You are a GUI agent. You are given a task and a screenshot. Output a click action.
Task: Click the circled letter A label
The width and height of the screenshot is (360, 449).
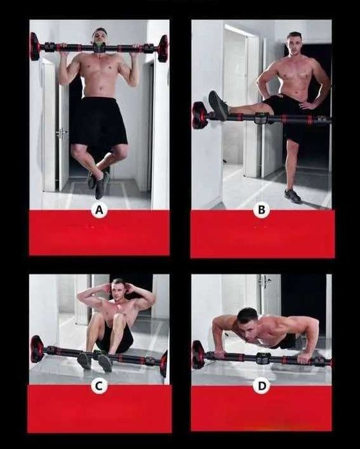(99, 211)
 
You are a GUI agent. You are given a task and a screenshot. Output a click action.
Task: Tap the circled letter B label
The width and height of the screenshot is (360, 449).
(262, 210)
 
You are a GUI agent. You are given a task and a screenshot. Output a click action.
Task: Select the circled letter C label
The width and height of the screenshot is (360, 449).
(98, 386)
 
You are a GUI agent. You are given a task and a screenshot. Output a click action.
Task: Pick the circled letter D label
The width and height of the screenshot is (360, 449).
(262, 386)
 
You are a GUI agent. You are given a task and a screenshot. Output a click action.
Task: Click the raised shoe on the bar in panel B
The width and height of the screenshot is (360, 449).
(219, 105)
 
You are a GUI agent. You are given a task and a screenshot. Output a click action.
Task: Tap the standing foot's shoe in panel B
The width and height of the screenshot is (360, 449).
(292, 195)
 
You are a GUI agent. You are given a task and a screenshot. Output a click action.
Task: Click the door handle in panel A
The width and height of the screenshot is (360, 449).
(61, 132)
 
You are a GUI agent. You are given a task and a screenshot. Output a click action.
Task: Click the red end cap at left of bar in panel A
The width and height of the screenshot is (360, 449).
(36, 46)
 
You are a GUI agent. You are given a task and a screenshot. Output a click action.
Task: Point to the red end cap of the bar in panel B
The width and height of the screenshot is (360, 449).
(199, 115)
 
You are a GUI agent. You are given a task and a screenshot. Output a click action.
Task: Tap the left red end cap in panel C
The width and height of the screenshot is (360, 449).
(37, 349)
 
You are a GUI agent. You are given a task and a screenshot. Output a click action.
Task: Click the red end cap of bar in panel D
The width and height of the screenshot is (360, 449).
(199, 354)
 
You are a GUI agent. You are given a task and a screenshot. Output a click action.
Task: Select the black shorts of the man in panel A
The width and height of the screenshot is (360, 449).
(98, 121)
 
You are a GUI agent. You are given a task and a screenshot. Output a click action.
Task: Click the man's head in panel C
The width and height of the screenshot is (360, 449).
(118, 289)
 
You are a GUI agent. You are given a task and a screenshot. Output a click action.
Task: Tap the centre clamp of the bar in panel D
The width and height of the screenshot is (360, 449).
(263, 358)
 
